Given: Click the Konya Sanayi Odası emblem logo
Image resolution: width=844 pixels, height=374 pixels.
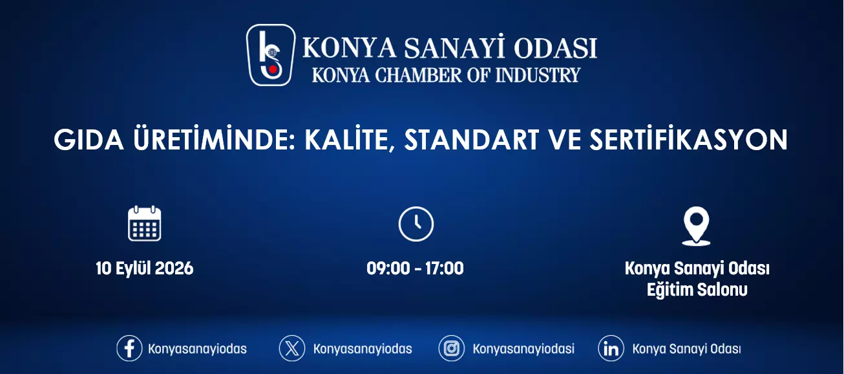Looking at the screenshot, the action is coord(271,55).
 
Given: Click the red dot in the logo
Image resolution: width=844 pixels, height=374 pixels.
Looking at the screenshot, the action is coord(273,69).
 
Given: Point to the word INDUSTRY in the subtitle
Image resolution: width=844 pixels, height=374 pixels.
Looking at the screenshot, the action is coord(538,75).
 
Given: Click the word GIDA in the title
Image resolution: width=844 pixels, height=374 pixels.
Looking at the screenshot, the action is coord(89,140).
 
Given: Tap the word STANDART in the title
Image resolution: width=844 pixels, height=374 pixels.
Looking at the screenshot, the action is coord(472,140).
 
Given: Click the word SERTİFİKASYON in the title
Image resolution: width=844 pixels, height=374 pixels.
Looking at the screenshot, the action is coord(689,139).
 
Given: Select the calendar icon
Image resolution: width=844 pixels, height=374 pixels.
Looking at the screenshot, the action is coord(144,224).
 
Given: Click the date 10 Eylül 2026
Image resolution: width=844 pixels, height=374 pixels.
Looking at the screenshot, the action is coord(145,269).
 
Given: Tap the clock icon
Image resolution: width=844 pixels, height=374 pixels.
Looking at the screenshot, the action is coord(416,224).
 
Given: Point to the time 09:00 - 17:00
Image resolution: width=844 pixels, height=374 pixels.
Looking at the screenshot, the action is coord(416,269).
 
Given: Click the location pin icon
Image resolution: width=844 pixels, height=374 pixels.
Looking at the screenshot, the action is coord(696,226).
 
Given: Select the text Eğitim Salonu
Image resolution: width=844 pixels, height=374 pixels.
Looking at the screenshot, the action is coord(697,291).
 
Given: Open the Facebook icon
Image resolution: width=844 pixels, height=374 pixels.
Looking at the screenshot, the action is coord(129,348).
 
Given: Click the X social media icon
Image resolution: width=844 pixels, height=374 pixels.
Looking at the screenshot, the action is coord(292,348).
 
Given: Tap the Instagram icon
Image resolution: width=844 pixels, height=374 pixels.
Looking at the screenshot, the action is coord(451,348).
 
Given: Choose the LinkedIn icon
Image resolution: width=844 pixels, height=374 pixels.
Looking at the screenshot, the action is coord(611,348).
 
